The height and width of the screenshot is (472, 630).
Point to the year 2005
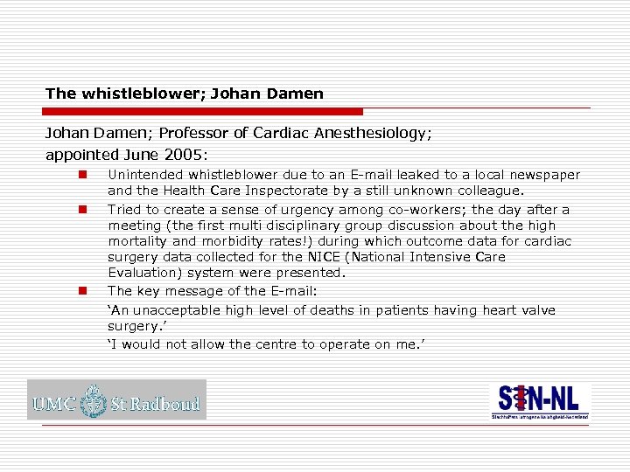point(184,155)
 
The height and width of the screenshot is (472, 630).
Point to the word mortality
point(137,241)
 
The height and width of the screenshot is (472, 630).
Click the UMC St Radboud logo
point(116,400)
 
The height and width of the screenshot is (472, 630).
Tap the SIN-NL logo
point(539,400)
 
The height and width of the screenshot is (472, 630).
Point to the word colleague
point(489,190)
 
